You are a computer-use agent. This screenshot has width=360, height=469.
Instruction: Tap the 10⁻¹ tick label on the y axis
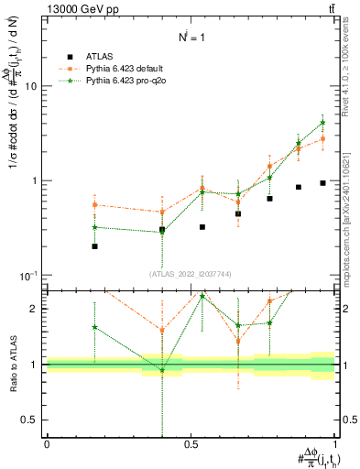click(32, 276)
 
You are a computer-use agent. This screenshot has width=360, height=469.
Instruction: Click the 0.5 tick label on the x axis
click(191, 444)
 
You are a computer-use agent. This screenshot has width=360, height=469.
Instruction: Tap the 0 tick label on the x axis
click(47, 444)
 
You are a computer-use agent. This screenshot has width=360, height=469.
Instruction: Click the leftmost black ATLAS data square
click(94, 246)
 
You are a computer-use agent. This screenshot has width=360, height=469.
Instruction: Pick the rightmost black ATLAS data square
click(322, 183)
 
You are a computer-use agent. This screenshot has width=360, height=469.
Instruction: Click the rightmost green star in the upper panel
click(322, 122)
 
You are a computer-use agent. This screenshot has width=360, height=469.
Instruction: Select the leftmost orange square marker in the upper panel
click(94, 205)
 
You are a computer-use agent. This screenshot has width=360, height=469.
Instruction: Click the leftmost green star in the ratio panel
click(94, 327)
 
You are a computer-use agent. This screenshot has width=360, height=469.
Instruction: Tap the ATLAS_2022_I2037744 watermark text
click(191, 274)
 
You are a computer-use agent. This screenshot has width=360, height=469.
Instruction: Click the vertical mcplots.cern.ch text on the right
click(350, 211)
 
